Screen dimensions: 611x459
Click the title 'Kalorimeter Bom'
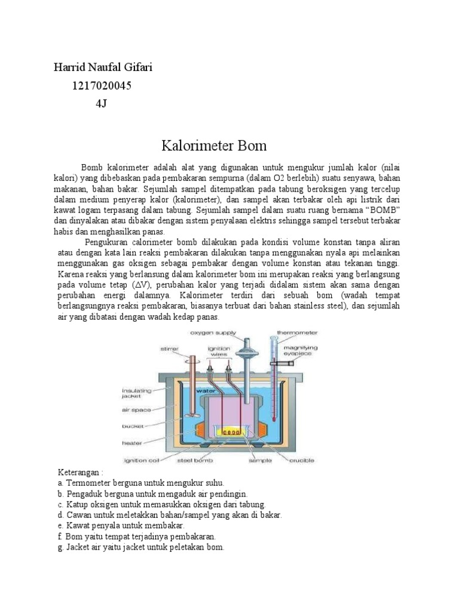214,146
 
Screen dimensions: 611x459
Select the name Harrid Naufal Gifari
103,67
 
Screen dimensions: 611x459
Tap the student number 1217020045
102,86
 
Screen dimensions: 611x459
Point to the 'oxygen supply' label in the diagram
214,332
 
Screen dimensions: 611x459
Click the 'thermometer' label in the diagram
297,332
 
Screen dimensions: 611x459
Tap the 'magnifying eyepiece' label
301,351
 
